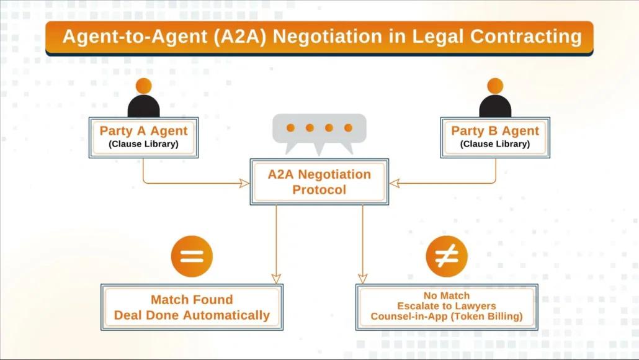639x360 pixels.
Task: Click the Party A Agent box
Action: (143, 137)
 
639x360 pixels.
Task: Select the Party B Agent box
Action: (495, 137)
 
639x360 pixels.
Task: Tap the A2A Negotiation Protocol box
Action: (319, 182)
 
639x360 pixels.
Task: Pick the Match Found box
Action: (192, 307)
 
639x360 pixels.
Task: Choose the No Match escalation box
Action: (447, 307)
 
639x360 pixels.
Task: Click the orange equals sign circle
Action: (192, 256)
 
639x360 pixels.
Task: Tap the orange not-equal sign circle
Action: (447, 256)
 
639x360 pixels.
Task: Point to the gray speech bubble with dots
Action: (319, 131)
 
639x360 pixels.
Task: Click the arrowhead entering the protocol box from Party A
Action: (244, 183)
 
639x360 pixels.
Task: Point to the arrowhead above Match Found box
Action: (276, 278)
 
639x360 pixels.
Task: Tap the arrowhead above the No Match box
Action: (363, 278)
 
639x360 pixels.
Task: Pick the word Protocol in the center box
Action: (319, 190)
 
